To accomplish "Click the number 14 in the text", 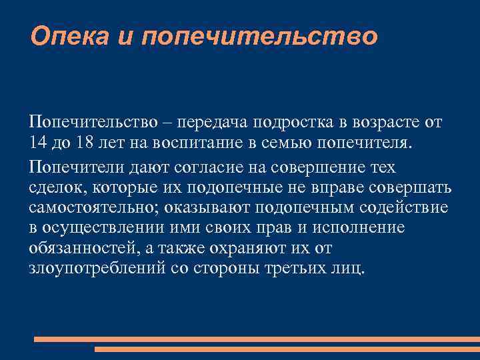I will point(37,144).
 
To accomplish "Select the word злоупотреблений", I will point(94,269).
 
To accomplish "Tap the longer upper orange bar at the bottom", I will point(257,339).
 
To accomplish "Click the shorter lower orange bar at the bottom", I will point(287,349).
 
